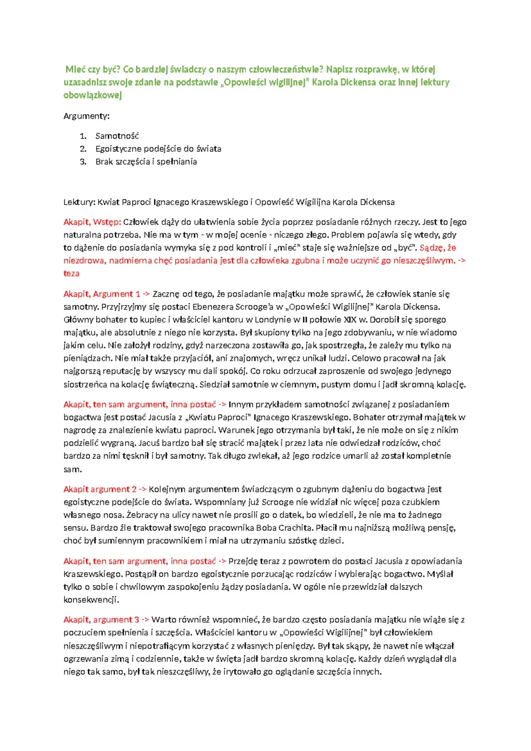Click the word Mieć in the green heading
(76, 69)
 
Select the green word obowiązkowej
(92, 95)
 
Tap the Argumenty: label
(86, 116)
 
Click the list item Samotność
(117, 136)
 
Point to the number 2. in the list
(83, 149)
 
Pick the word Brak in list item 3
(104, 162)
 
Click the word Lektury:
(79, 202)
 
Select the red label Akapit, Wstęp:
(92, 222)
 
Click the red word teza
(71, 274)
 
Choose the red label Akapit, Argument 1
(101, 294)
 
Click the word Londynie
(275, 319)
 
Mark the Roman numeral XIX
(350, 319)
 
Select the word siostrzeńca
(85, 384)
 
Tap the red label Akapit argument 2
(100, 489)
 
